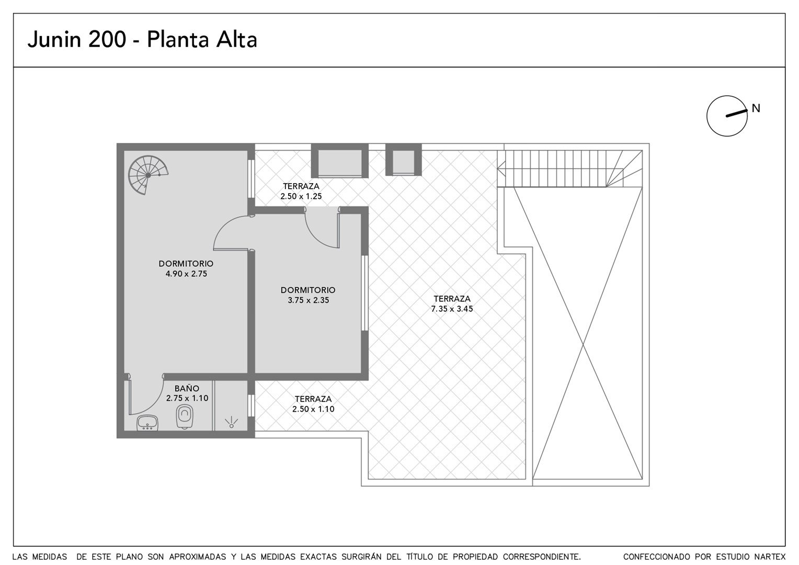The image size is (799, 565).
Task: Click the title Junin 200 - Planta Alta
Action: [142, 40]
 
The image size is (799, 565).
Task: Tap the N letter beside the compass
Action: [756, 108]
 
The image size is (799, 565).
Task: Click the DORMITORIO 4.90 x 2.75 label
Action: [186, 269]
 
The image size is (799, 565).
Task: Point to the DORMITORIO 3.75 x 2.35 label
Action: [308, 295]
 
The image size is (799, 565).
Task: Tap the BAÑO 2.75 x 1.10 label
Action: [187, 393]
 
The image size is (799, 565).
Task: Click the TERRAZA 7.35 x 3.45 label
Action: [452, 304]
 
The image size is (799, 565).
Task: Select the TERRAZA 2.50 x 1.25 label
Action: [301, 191]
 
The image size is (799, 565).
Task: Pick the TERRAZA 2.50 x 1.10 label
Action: [313, 404]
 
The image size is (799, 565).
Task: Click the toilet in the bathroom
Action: [185, 416]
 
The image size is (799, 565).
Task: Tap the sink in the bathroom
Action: [147, 423]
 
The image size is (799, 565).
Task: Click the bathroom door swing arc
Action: [153, 404]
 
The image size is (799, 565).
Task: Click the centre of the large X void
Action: [583, 345]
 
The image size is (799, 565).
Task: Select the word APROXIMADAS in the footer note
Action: [198, 557]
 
